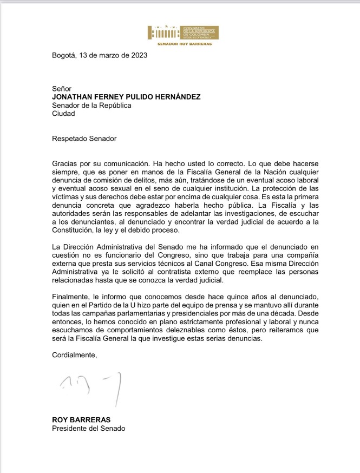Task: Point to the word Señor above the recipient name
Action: click(x=62, y=89)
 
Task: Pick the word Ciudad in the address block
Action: click(x=63, y=114)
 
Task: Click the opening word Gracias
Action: click(x=66, y=163)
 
